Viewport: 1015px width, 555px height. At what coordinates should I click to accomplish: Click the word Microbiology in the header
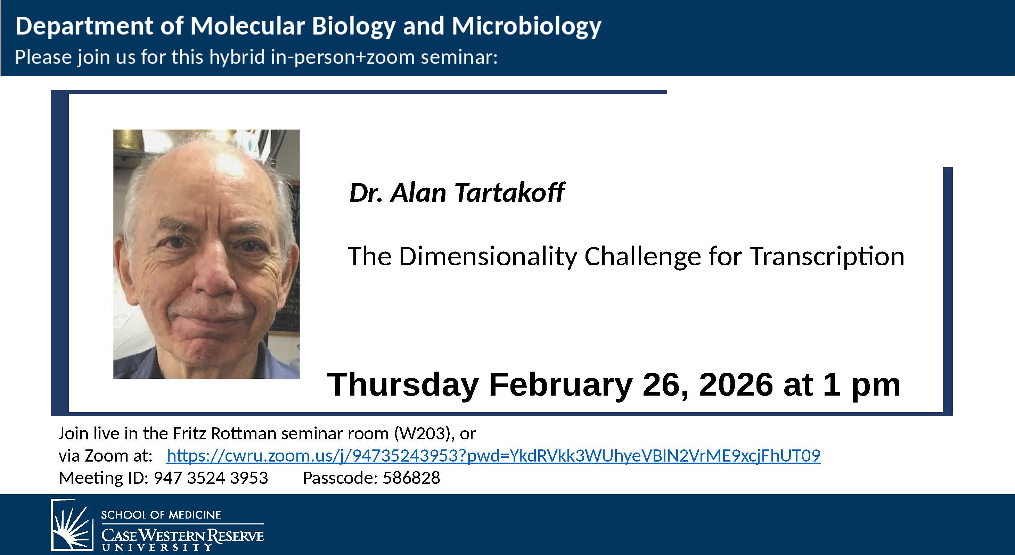point(526,26)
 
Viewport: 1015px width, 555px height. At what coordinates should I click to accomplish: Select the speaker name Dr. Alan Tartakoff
point(457,193)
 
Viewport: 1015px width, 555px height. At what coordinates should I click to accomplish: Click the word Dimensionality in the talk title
point(488,256)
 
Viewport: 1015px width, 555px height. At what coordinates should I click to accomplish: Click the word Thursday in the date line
point(403,385)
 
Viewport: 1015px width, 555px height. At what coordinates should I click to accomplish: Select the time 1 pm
point(861,385)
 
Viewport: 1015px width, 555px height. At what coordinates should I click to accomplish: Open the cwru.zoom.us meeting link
point(493,456)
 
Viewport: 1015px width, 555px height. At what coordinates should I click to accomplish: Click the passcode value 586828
point(411,478)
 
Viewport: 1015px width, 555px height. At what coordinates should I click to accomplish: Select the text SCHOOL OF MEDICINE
point(161,515)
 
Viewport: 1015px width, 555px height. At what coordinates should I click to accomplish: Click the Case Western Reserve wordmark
point(182,536)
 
